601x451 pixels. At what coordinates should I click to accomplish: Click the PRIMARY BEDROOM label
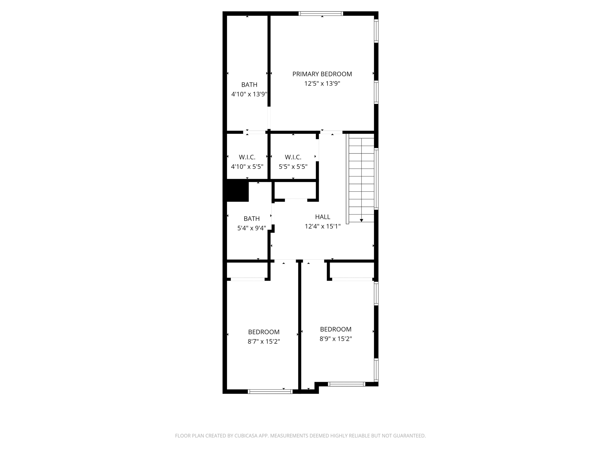click(x=322, y=74)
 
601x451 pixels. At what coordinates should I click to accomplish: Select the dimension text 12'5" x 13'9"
click(x=322, y=84)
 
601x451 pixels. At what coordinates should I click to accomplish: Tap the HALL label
click(x=322, y=217)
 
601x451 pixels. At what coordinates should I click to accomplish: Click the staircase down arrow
click(x=361, y=220)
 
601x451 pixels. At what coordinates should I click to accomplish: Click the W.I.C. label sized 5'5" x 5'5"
click(x=293, y=157)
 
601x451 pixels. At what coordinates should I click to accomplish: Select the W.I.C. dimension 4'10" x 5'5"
click(x=247, y=167)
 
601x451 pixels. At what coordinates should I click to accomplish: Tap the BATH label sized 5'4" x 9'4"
click(x=252, y=219)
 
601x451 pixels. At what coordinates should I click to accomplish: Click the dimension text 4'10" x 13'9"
click(x=249, y=94)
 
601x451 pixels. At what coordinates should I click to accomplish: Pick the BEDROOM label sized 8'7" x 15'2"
click(x=264, y=332)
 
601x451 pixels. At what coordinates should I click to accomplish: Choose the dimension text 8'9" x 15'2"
click(x=336, y=339)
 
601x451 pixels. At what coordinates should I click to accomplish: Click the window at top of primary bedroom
click(x=321, y=13)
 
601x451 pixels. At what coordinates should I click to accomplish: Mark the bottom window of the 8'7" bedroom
click(x=270, y=391)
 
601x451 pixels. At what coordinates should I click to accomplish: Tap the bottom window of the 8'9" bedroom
click(x=346, y=384)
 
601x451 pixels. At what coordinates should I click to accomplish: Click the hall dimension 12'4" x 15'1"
click(x=322, y=226)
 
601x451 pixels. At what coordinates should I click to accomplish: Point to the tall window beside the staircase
click(x=377, y=179)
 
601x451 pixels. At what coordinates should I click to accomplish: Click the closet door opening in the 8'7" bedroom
click(x=247, y=279)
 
